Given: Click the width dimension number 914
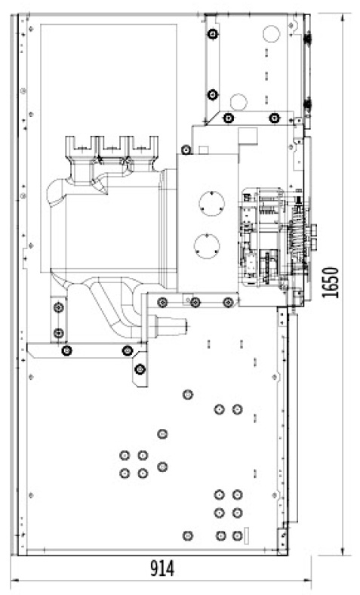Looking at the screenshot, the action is point(162,568).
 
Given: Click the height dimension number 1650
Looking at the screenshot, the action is point(330,282).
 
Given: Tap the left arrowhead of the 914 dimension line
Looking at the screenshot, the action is point(14,580).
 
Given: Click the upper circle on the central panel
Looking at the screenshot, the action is point(211,203).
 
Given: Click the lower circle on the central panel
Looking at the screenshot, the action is point(207,246).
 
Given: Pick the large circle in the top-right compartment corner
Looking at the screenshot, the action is point(272,33).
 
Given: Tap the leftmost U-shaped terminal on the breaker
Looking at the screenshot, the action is point(82,145).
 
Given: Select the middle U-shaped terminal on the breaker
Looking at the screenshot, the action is point(113,145).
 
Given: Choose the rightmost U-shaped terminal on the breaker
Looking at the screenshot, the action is point(143,145).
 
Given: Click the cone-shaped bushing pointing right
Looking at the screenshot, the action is point(171,325).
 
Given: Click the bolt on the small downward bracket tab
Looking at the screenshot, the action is point(140,368).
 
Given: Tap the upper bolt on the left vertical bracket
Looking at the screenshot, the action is point(58,307).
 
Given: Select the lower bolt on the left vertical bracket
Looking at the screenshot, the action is point(58,333).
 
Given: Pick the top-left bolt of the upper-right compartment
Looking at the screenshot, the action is point(213,34).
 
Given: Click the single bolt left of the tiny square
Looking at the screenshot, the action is point(186,150).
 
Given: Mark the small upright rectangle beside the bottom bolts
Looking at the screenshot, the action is point(245,535).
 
